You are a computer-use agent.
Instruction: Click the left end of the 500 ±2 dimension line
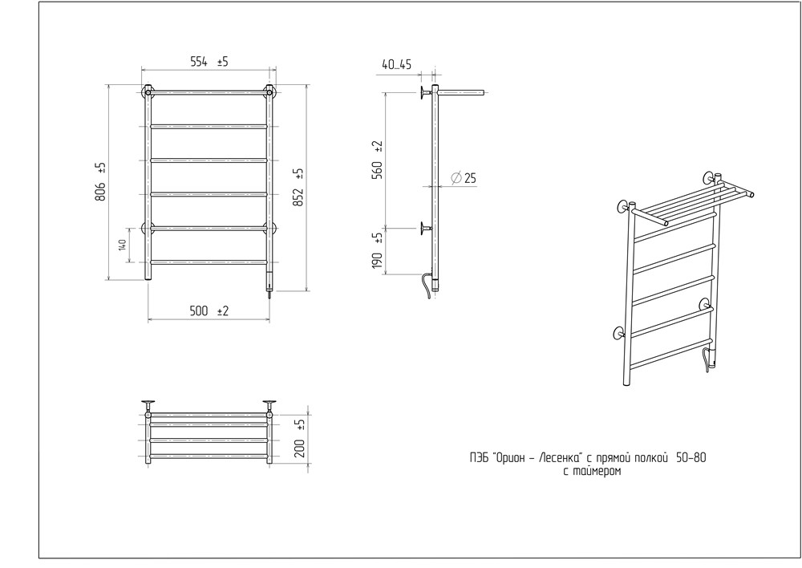click(x=148, y=321)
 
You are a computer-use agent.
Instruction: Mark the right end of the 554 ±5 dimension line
click(x=276, y=69)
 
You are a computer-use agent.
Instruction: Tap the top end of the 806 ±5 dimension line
click(x=109, y=84)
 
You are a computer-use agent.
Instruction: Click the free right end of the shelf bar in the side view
click(x=483, y=92)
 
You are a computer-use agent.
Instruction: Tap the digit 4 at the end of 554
click(x=205, y=62)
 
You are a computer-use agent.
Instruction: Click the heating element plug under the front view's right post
click(x=269, y=286)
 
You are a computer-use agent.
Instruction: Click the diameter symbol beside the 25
click(x=456, y=178)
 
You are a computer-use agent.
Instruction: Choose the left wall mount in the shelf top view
click(x=148, y=404)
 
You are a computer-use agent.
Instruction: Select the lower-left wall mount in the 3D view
click(x=619, y=335)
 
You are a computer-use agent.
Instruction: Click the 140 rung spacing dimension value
click(x=122, y=245)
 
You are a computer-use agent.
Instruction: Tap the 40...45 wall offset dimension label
click(x=396, y=64)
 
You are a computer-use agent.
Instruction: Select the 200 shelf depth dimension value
click(x=300, y=448)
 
